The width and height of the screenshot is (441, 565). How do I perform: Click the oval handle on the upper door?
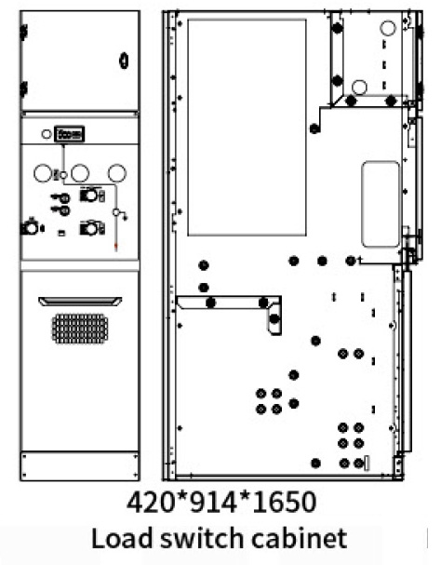coord(124,61)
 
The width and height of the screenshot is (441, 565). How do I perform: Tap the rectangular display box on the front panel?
coord(69,134)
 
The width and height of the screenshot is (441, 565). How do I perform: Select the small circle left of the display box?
coord(47,134)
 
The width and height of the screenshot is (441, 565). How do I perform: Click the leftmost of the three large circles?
coord(43,173)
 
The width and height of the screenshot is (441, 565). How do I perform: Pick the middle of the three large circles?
coord(80,173)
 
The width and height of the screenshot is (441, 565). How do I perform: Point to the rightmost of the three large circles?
coord(117,173)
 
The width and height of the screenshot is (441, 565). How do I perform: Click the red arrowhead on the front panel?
coord(115,247)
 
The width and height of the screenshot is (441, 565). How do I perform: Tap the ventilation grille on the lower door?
coord(80,329)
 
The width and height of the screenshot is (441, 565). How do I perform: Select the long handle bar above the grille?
coord(80,302)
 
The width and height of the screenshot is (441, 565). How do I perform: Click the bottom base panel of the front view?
coord(80,465)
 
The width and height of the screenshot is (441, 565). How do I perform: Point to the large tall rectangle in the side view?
coord(247,128)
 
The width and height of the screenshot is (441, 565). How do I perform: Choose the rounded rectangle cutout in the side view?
coord(381,204)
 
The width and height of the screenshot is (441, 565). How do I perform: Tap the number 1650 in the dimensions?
coord(284,503)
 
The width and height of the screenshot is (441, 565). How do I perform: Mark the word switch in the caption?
coord(202,538)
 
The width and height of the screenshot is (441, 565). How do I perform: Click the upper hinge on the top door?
coord(24,32)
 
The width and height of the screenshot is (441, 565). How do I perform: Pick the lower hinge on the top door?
coord(24,88)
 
